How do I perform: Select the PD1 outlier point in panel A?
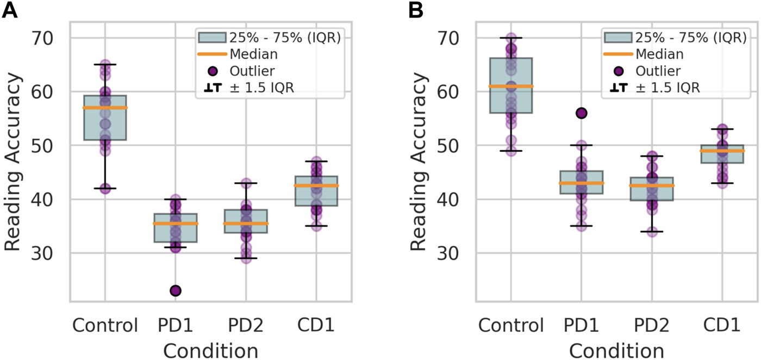175,290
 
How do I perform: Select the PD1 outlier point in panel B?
582,113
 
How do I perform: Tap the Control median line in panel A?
104,108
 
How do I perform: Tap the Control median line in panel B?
511,86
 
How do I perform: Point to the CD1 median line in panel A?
316,185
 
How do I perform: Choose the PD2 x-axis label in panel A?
245,326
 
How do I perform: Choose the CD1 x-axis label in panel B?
722,326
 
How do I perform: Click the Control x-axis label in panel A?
104,326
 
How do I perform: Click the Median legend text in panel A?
254,54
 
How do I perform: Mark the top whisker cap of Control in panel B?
511,38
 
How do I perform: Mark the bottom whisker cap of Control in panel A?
104,189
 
